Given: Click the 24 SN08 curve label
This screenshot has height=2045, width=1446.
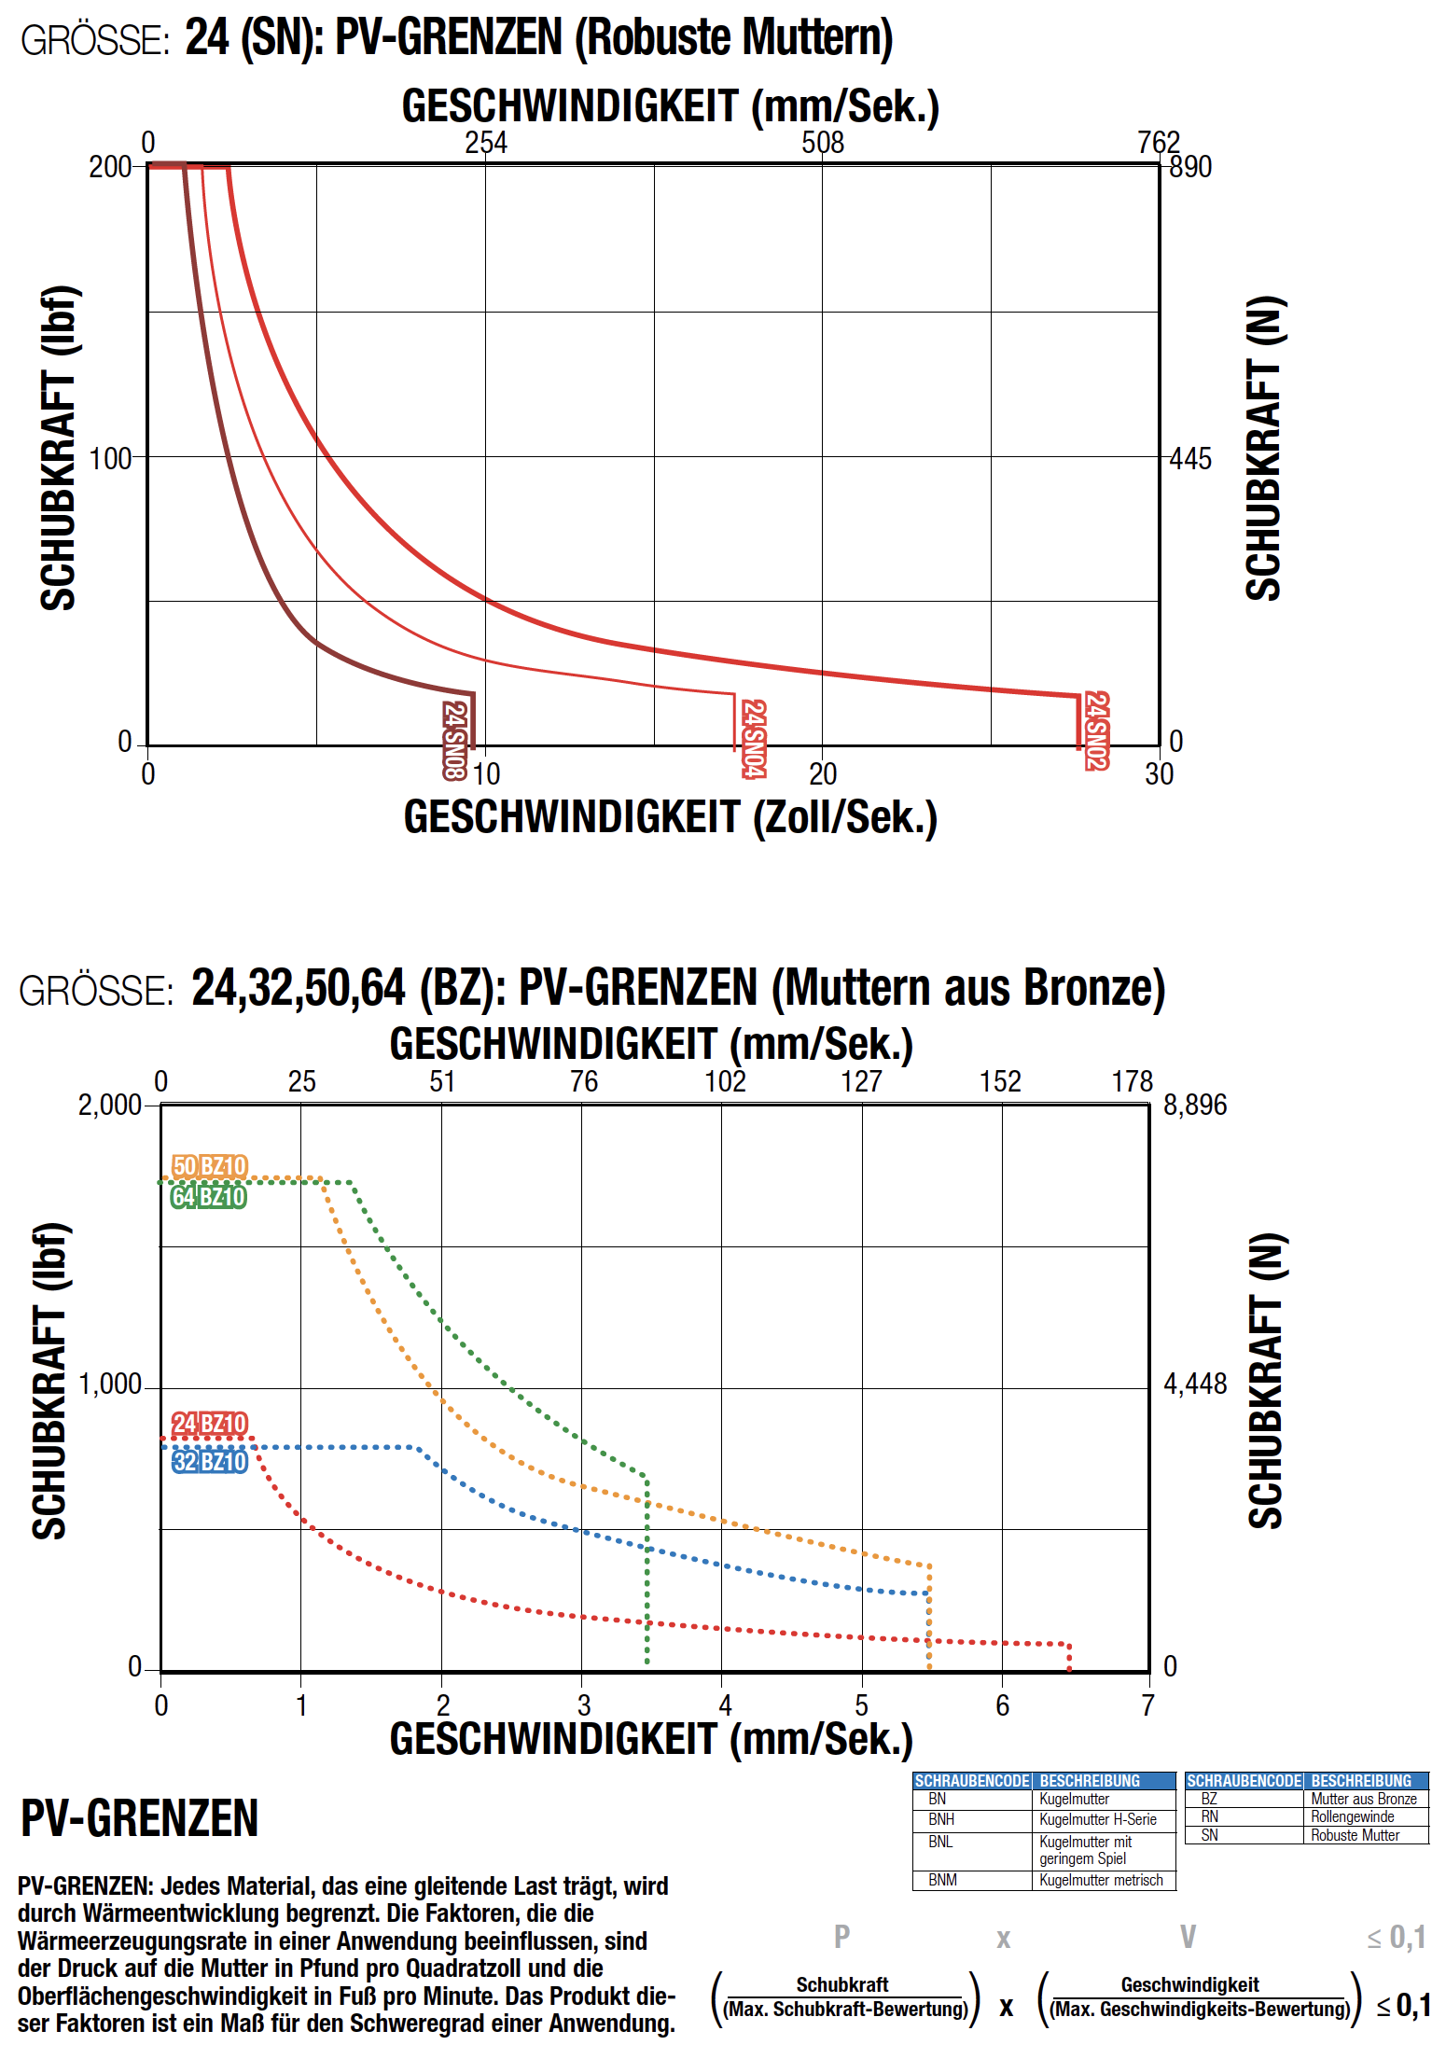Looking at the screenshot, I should tap(454, 740).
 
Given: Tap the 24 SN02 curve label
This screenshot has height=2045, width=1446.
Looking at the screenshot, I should tap(1097, 730).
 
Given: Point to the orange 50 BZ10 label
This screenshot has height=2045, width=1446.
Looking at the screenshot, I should tap(210, 1166).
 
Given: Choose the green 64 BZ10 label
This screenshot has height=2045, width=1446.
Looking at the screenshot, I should tap(209, 1197).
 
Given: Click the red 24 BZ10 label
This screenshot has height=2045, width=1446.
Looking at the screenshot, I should tap(210, 1424).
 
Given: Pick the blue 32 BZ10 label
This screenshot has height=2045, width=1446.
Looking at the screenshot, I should tap(210, 1461).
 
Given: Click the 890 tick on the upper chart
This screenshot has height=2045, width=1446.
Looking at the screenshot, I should tap(1190, 167).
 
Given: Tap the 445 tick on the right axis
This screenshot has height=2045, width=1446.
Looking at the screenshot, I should tap(1190, 459).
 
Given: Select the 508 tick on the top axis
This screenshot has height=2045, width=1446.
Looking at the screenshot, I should tap(823, 143).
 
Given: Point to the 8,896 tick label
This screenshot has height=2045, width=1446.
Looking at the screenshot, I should tap(1195, 1106).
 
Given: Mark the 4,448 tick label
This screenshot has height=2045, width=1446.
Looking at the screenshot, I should tap(1195, 1384).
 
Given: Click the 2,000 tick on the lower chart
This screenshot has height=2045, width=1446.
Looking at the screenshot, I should tap(109, 1106).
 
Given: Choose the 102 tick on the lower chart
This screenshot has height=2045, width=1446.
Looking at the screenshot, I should tap(725, 1081).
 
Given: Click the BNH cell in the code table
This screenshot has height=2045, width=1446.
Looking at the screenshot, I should tap(941, 1819).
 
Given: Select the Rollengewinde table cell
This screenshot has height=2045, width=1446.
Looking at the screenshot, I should tap(1353, 1816).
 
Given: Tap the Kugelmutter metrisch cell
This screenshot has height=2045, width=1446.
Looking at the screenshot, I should tap(1101, 1880).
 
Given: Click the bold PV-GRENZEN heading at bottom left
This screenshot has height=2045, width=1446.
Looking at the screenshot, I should tap(139, 1818).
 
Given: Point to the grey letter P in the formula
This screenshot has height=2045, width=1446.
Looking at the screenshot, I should tap(841, 1938).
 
